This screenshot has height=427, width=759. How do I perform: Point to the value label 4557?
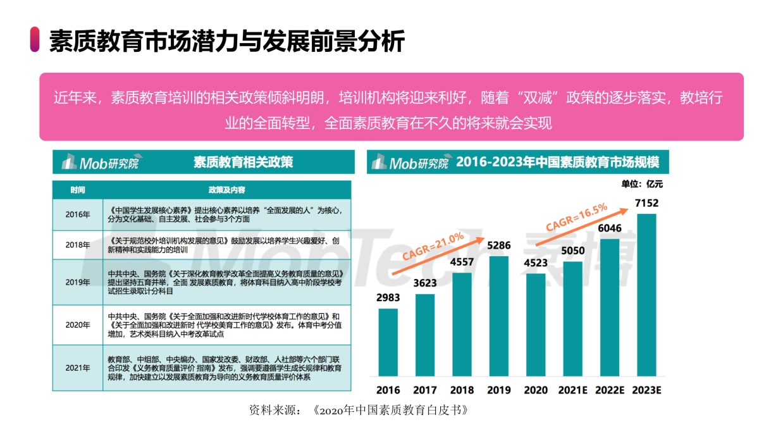pyautogui.click(x=462, y=262)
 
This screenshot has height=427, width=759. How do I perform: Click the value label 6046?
pyautogui.click(x=610, y=228)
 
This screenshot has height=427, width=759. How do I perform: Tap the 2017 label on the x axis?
pyautogui.click(x=425, y=390)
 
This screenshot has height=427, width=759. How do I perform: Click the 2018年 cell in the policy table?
pyautogui.click(x=78, y=245)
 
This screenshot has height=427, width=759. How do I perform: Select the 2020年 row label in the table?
pyautogui.click(x=78, y=325)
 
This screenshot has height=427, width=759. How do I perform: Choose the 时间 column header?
pyautogui.click(x=78, y=190)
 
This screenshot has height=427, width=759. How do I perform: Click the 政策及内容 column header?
pyautogui.click(x=226, y=190)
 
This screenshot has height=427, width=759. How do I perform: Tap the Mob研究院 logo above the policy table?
pyautogui.click(x=99, y=163)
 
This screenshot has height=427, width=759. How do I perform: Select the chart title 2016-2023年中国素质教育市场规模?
pyautogui.click(x=557, y=163)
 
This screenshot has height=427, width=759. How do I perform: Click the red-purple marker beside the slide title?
pyautogui.click(x=35, y=40)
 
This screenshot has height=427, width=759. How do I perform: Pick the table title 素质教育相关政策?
pyautogui.click(x=243, y=163)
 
